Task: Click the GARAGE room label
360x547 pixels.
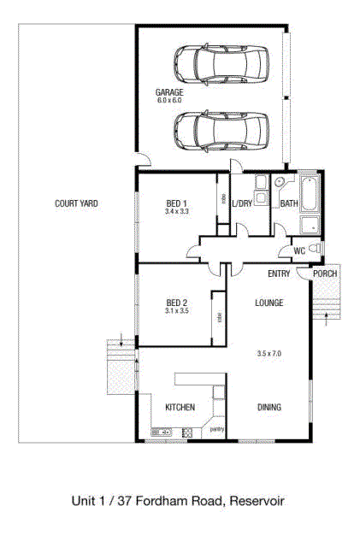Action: coord(169,92)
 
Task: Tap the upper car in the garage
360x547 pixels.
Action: coord(221,65)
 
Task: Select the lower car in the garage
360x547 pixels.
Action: coord(221,132)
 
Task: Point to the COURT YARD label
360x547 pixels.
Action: coord(76,203)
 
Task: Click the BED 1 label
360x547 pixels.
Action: coord(177,203)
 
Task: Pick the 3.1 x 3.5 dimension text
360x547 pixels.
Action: coord(177,310)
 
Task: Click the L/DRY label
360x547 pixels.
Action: coord(242,203)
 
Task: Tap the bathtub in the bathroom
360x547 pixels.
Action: coord(310,194)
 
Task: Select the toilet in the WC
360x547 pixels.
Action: coord(316,249)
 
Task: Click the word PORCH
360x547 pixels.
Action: coord(325,273)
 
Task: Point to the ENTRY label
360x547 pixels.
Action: coord(279,273)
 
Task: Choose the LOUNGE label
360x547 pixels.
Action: coord(269,303)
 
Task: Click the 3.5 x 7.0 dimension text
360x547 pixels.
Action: coord(269,353)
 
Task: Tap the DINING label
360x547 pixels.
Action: coord(269,407)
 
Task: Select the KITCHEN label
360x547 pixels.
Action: coord(180,407)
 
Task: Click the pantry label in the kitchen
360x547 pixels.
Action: coord(217,429)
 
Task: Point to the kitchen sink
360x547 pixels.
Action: coord(162,432)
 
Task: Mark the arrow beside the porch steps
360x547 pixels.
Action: coord(327,319)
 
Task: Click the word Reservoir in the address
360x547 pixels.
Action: coord(257,502)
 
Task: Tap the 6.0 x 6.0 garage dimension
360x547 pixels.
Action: coord(169,100)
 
